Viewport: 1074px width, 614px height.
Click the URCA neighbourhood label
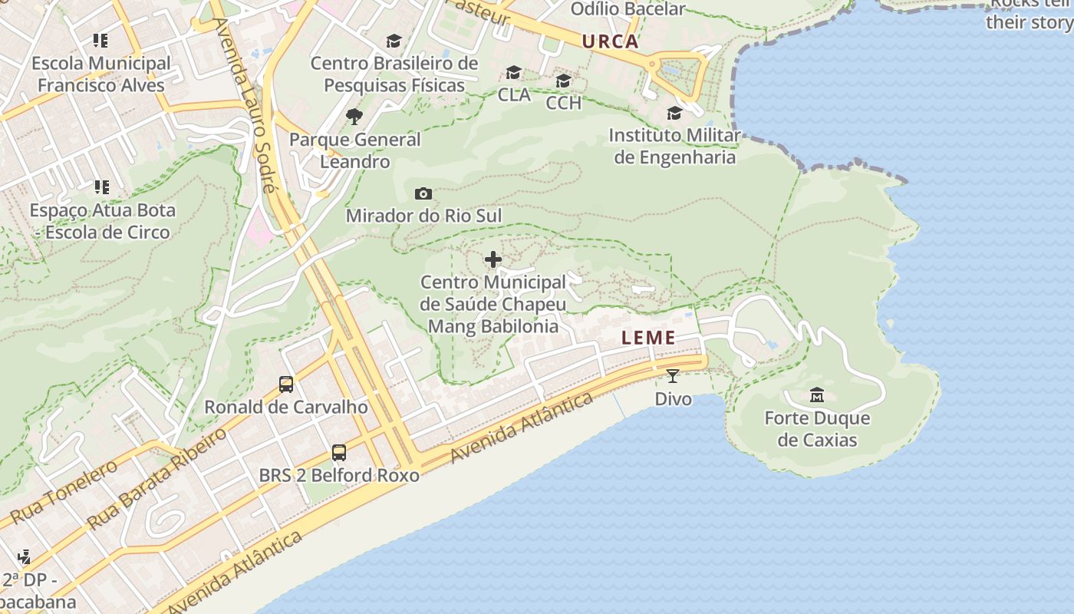(610, 41)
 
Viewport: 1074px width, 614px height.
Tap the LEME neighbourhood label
(648, 338)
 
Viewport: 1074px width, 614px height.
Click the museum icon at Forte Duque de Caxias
(817, 395)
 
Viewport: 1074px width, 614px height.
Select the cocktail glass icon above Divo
(673, 376)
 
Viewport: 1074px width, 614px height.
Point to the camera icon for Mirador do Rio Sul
(423, 194)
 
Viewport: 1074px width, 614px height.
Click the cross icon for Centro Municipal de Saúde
(493, 259)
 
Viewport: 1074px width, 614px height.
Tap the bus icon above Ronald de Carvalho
(286, 385)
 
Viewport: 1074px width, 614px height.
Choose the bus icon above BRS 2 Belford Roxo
(339, 453)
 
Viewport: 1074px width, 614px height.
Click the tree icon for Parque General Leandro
(354, 117)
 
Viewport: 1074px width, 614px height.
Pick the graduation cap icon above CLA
(513, 73)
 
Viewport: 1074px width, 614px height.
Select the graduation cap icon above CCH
(564, 81)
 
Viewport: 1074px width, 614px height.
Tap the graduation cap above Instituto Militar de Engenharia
(674, 114)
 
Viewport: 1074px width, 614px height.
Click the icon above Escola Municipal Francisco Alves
(100, 40)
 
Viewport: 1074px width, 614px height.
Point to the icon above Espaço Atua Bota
(101, 187)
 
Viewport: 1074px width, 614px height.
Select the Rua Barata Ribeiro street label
(156, 478)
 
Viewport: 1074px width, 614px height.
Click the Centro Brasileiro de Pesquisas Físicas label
(394, 74)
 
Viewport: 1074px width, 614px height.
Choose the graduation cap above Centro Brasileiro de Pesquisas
(394, 41)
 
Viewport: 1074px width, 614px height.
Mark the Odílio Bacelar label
(628, 9)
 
